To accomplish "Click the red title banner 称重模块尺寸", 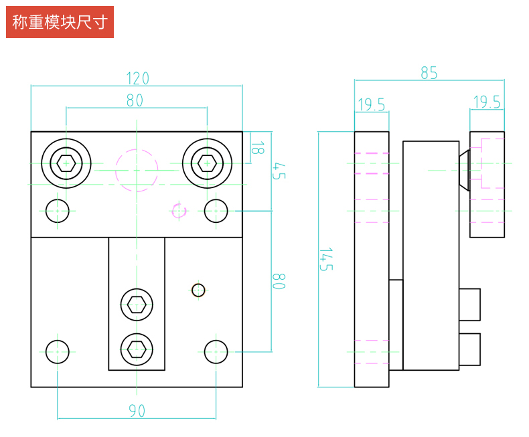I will [60, 22].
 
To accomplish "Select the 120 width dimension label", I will [137, 78].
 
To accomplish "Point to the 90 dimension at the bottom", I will [137, 411].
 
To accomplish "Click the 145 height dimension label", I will [325, 259].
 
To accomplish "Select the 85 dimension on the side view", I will [429, 73].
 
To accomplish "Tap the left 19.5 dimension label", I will [371, 104].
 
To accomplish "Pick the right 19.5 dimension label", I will [487, 102].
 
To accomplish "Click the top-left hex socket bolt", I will [66, 163].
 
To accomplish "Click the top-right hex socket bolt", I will [208, 163].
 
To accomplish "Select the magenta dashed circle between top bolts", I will [137, 170].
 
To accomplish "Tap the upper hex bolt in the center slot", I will [137, 304].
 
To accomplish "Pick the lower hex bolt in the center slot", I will [137, 349].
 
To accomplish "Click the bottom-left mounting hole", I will [58, 351].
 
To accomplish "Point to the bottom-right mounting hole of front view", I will [216, 351].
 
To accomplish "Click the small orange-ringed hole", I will [198, 290].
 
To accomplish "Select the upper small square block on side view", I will [469, 304].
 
